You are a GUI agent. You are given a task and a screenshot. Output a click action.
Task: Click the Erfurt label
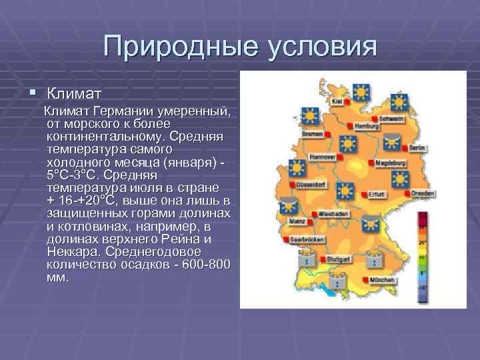click(x=376, y=195)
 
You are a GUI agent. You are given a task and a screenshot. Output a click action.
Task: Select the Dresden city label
click(x=421, y=194)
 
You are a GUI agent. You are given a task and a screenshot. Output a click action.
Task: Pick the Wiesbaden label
click(x=333, y=215)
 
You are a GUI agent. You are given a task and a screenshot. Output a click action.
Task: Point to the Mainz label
click(x=297, y=220)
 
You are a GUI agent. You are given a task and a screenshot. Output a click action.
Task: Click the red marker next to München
click(x=364, y=279)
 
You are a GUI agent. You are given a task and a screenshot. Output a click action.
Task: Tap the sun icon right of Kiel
click(x=362, y=93)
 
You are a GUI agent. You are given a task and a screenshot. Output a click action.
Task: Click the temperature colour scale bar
click(x=422, y=254)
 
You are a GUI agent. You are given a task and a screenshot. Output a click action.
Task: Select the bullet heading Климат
click(x=73, y=90)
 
